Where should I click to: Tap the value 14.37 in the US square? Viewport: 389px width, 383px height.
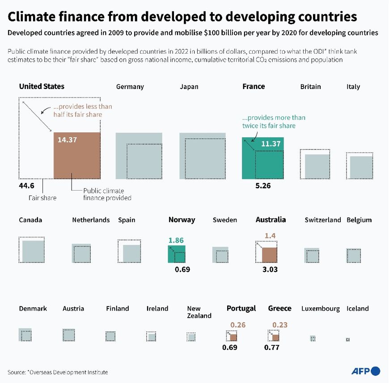[68, 140]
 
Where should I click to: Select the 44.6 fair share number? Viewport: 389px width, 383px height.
[27, 185]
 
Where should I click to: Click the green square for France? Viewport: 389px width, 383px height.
[262, 158]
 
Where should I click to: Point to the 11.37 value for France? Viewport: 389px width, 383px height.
[271, 144]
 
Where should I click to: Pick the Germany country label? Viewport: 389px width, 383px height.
[130, 87]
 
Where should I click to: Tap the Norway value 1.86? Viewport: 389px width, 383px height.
[176, 240]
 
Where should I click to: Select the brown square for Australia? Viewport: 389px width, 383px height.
[269, 255]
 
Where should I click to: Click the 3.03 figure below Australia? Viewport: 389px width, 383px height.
[270, 269]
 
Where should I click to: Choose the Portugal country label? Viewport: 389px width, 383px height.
[241, 308]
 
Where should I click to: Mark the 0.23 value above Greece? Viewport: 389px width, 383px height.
[279, 325]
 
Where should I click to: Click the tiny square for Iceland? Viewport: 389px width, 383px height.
[347, 340]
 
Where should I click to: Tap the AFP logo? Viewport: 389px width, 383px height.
[365, 371]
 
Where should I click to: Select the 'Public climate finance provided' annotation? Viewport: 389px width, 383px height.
[107, 194]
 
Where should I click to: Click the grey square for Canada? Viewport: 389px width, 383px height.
[33, 251]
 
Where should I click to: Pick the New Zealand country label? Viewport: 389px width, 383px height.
[199, 312]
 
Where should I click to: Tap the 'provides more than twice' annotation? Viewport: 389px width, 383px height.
[273, 122]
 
